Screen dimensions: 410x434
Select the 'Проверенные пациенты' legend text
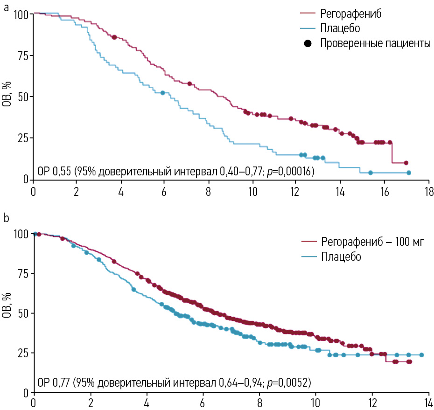[375, 43]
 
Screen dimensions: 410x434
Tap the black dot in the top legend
[308, 43]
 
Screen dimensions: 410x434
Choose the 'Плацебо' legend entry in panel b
[341, 257]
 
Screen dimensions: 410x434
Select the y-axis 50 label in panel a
[20, 97]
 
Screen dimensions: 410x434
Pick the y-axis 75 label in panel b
[20, 273]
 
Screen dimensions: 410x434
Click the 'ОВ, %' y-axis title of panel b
[7, 306]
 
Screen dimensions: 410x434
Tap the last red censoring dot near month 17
[406, 163]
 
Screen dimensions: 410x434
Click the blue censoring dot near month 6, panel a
[162, 93]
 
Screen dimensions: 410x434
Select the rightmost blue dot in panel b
[421, 355]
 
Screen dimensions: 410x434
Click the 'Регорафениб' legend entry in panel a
[351, 13]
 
